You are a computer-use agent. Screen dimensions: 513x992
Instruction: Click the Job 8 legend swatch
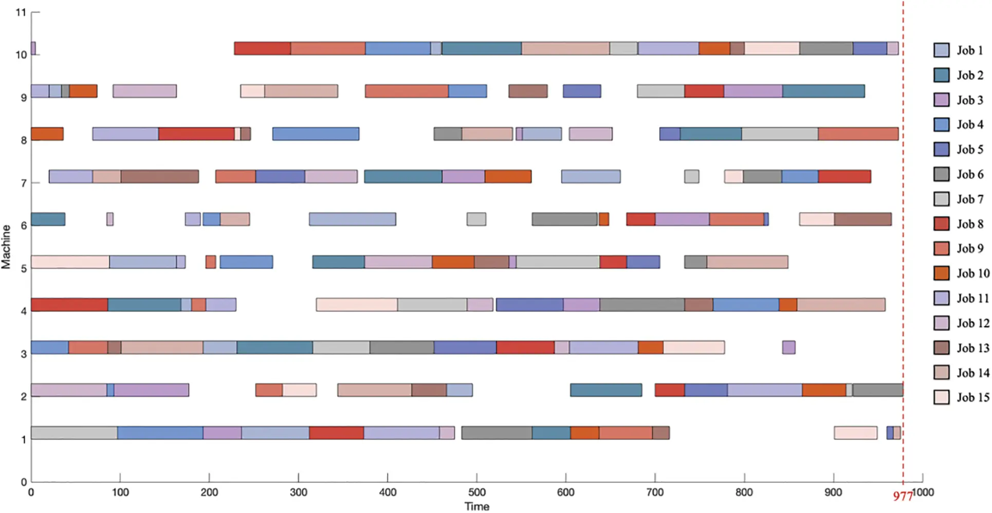(x=941, y=224)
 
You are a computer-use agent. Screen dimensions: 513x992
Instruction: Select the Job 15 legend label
(x=972, y=397)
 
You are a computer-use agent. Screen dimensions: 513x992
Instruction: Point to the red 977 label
(x=903, y=496)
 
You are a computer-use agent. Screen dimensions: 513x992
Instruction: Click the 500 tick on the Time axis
(x=476, y=492)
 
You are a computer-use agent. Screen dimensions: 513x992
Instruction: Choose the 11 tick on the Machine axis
(x=21, y=12)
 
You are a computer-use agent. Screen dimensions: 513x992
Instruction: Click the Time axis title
(x=476, y=506)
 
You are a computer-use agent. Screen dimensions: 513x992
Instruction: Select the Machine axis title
(x=6, y=247)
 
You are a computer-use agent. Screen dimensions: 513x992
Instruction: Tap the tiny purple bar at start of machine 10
(x=33, y=48)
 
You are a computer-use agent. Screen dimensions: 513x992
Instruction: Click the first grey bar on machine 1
(x=74, y=433)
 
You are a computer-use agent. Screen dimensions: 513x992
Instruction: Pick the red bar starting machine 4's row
(x=69, y=304)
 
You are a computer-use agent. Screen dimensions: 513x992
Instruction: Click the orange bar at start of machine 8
(x=47, y=134)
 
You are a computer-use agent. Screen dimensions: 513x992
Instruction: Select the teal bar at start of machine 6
(x=48, y=219)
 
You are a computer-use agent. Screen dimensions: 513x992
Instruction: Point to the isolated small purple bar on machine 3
(x=788, y=347)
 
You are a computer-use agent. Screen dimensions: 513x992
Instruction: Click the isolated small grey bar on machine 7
(x=691, y=176)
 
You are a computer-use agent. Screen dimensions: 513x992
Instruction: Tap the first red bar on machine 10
(x=262, y=48)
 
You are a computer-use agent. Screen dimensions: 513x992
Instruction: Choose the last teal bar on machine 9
(x=823, y=91)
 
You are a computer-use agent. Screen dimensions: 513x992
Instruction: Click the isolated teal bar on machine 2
(x=606, y=390)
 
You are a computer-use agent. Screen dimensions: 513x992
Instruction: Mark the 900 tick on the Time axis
(x=833, y=492)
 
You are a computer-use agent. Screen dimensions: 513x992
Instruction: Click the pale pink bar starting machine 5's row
(x=70, y=262)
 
